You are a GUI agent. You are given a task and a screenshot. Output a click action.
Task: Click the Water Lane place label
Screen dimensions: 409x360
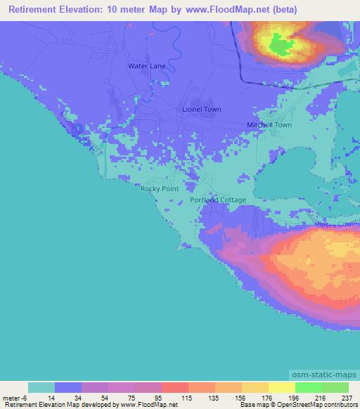pyautogui.click(x=146, y=65)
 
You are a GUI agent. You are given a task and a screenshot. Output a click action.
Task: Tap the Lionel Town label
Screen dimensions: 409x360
pyautogui.click(x=201, y=110)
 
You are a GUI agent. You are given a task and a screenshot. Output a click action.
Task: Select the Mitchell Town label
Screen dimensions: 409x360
pyautogui.click(x=269, y=125)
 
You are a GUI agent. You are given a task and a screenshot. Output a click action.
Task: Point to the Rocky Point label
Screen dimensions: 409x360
pyautogui.click(x=160, y=188)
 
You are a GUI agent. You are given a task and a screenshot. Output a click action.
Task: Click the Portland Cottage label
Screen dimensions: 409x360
pyautogui.click(x=218, y=200)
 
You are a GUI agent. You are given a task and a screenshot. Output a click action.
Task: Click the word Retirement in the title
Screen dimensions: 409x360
pyautogui.click(x=30, y=9)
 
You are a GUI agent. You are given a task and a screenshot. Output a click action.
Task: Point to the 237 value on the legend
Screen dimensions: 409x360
pyautogui.click(x=347, y=397)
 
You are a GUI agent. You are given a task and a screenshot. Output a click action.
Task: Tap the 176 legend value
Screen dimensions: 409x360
pyautogui.click(x=268, y=397)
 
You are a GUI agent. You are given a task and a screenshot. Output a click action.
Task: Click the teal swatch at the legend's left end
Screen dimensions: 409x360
pyautogui.click(x=41, y=387)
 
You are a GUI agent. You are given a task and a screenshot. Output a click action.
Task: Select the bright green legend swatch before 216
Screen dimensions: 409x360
pyautogui.click(x=308, y=387)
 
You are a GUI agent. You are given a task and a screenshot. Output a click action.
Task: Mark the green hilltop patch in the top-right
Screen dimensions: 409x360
pyautogui.click(x=283, y=47)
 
